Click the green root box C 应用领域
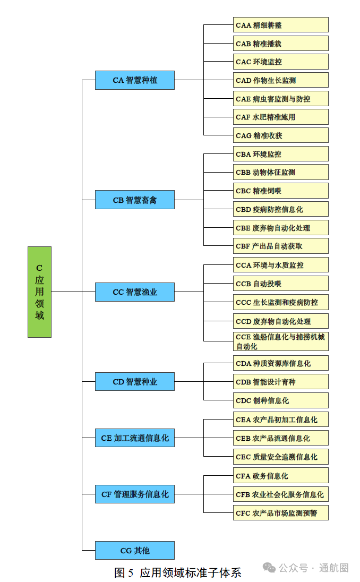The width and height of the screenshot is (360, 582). [x=39, y=292]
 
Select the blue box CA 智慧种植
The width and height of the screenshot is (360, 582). [x=134, y=80]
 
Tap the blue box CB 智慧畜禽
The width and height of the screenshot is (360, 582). [x=134, y=200]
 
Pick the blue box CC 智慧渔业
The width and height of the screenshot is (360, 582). [x=134, y=292]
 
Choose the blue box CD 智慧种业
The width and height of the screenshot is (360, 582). [x=134, y=382]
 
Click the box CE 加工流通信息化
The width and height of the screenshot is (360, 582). [x=134, y=438]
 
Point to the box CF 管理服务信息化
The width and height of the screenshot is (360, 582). [x=134, y=494]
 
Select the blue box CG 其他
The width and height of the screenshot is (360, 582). [x=134, y=551]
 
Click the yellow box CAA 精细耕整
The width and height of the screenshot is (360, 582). [x=280, y=25]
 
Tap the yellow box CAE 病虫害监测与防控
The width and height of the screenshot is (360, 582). [x=280, y=99]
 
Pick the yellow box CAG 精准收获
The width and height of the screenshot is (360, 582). [x=280, y=135]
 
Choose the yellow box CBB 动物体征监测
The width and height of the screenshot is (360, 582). [x=280, y=172]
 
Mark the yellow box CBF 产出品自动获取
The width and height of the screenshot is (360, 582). [x=280, y=246]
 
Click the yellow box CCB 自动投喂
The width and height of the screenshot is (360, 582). [x=280, y=284]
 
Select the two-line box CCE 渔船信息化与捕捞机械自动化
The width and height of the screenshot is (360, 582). [x=280, y=341]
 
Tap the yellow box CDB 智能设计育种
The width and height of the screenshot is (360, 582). [x=280, y=382]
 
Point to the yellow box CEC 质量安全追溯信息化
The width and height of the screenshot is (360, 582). [x=280, y=457]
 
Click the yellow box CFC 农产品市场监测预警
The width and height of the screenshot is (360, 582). [x=280, y=513]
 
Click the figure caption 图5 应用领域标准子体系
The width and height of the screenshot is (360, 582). [x=177, y=572]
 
